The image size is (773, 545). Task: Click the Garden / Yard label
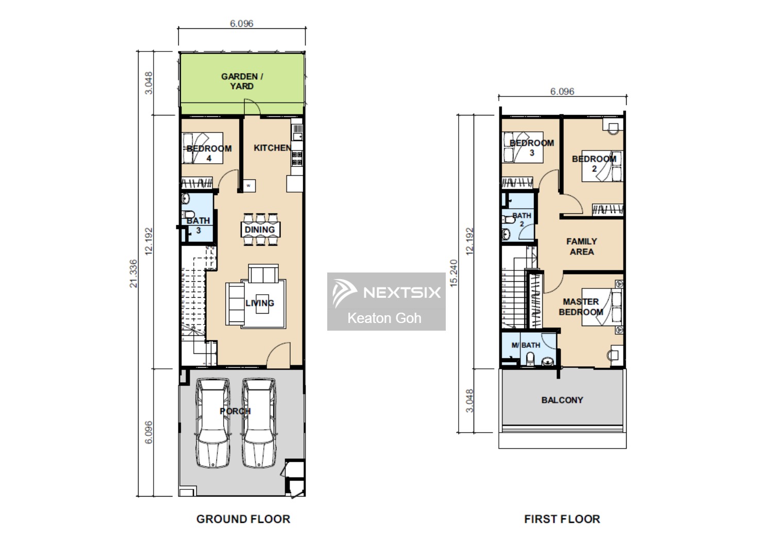point(242,81)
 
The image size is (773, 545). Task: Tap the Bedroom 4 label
point(209,153)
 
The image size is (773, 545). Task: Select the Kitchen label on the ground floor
point(272,148)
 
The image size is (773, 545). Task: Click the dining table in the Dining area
point(260,229)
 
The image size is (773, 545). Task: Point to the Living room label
point(259,303)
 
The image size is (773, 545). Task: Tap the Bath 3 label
point(198,225)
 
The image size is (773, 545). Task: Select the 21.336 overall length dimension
point(133,273)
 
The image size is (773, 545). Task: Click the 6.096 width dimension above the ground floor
point(241,23)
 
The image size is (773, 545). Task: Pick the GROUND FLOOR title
point(243,519)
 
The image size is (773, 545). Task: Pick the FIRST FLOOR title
point(562,519)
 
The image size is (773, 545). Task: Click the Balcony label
point(562,400)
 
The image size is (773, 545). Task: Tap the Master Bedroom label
point(581,306)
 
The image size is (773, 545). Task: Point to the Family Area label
point(581,246)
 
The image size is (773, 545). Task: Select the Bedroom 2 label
point(594,163)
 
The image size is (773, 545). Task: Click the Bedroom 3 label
point(531,147)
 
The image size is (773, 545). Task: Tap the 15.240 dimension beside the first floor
point(453,273)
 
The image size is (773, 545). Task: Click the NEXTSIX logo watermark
point(386,292)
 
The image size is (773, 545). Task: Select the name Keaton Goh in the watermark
point(384,318)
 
